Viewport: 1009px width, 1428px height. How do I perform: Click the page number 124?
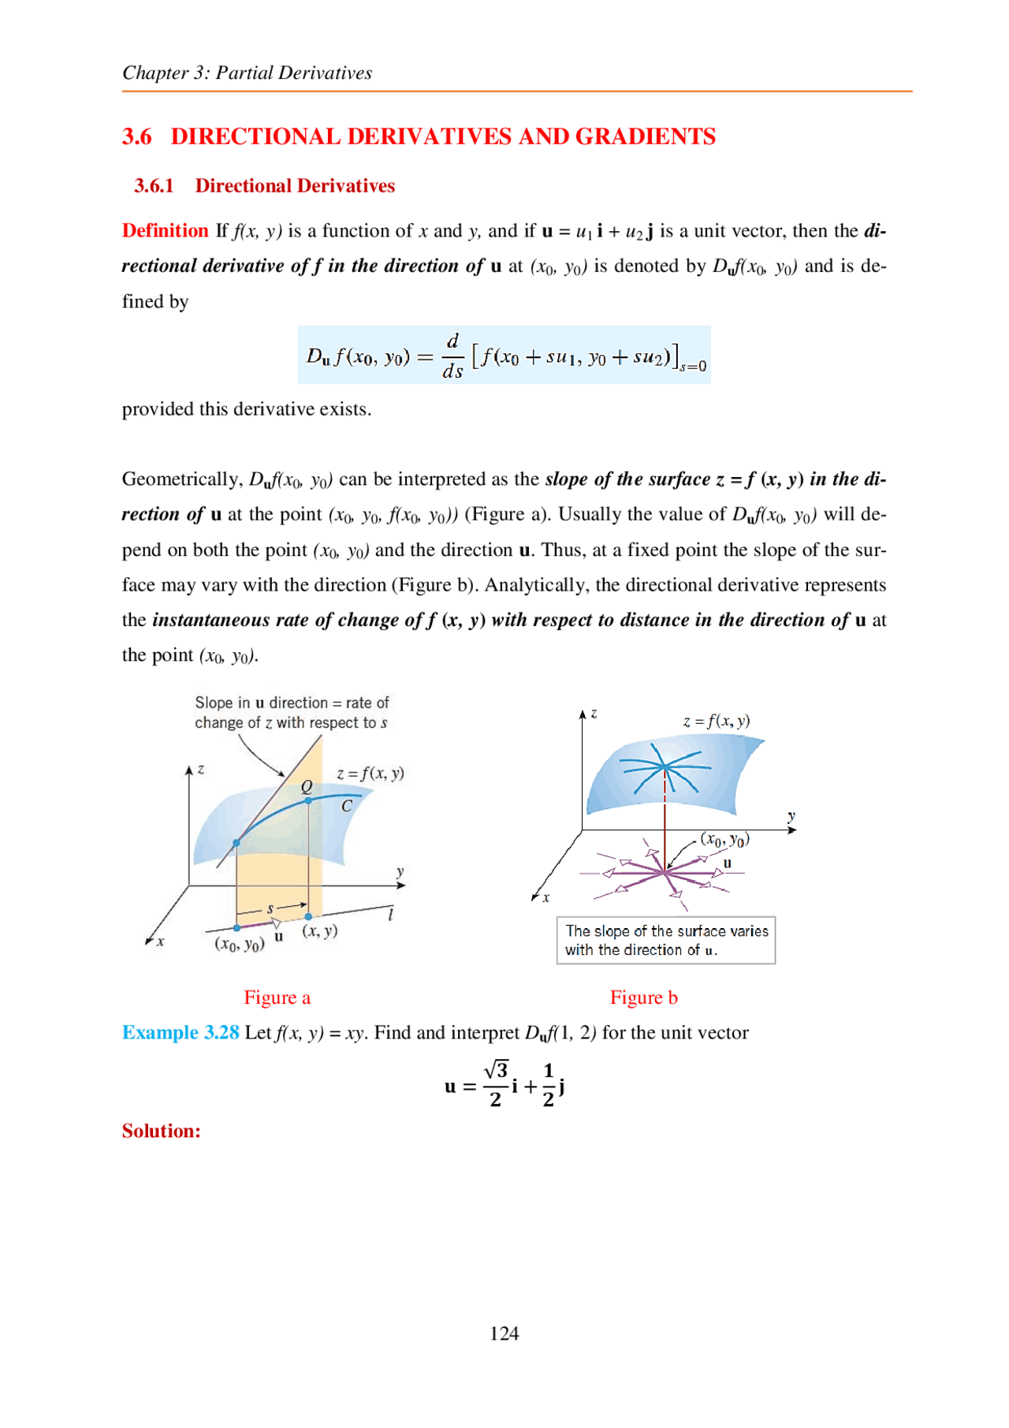coord(504,1333)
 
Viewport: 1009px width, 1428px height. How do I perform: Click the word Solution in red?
coord(161,1131)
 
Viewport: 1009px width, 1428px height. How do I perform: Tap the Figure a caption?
coord(277,997)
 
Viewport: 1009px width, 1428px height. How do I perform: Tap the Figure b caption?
coord(643,997)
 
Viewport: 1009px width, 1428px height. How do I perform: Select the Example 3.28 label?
coord(181,1032)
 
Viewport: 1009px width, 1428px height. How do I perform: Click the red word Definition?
coord(165,230)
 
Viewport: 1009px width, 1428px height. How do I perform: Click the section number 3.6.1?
coord(154,186)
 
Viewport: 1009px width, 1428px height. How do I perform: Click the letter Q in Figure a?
coord(307,786)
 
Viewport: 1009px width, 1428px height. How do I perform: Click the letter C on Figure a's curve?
coord(346,806)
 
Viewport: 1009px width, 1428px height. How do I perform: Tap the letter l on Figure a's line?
coord(390,914)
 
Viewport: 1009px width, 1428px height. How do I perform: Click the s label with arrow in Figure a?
coord(270,909)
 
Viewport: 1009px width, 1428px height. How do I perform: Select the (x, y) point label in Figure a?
coord(320,930)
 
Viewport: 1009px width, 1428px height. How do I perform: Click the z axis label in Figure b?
coord(594,714)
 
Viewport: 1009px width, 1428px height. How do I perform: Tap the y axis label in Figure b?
coord(791,817)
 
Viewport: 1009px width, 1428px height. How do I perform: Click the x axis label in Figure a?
coord(161,941)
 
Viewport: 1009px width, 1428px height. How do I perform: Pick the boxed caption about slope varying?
coord(666,940)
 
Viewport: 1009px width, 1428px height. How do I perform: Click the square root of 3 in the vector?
coord(496,1070)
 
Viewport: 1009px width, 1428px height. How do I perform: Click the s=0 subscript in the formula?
coord(693,367)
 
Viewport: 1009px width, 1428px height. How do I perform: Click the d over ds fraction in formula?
coord(452,356)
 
